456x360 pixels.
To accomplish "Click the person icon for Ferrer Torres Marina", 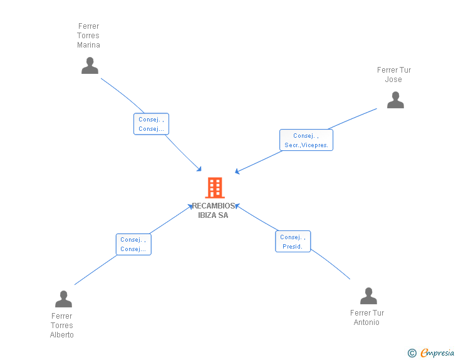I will [90, 66].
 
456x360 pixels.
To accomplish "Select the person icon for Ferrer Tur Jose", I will [395, 100].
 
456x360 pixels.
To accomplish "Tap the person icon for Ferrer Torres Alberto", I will [63, 299].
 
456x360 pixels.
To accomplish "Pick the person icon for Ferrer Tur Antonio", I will [368, 296].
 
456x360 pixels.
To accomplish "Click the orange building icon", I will [214, 187].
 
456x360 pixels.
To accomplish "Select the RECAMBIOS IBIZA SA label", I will [214, 210].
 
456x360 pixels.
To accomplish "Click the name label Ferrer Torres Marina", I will [88, 36].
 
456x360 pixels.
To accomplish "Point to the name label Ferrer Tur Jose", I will [394, 75].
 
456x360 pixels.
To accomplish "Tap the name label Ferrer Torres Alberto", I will [62, 326].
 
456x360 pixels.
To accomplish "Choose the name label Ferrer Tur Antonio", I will [367, 317].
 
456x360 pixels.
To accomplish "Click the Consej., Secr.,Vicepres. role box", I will [306, 140].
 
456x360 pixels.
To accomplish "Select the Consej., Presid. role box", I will [293, 242].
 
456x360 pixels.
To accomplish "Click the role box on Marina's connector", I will [151, 124].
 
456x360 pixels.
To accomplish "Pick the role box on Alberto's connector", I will [133, 244].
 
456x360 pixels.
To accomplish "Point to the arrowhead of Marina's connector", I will [199, 169].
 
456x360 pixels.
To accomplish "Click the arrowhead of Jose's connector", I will [237, 172].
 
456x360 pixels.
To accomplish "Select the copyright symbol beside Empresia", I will [412, 353].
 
